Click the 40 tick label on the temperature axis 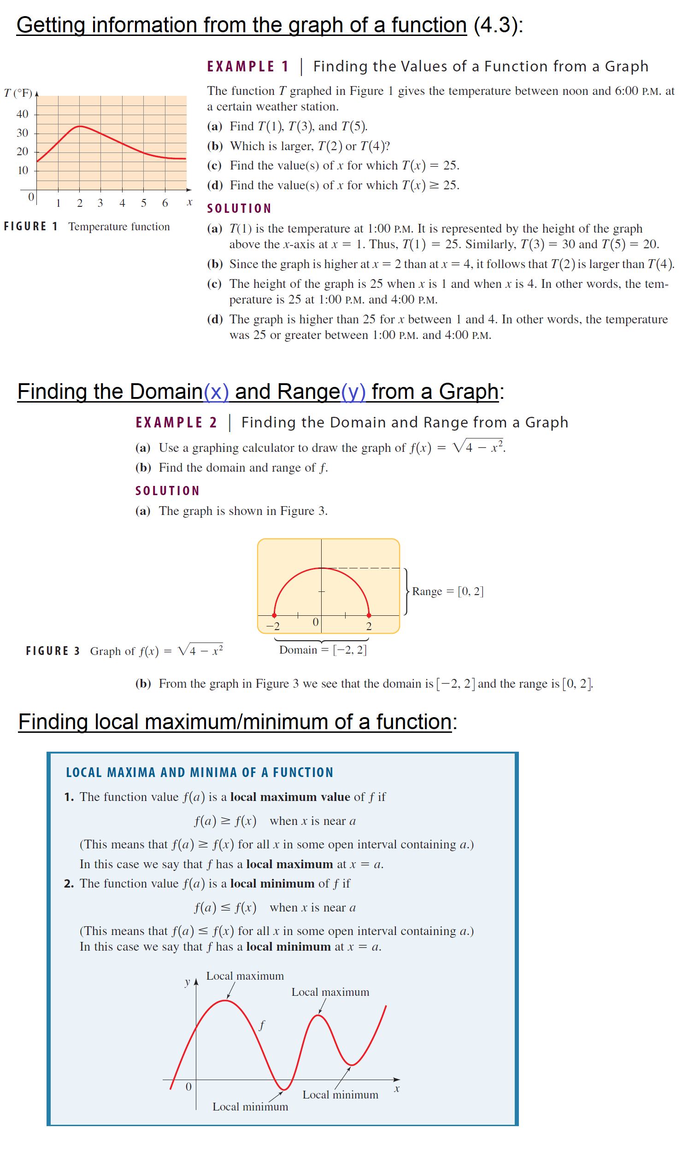pyautogui.click(x=22, y=114)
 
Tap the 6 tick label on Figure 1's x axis pyautogui.click(x=165, y=203)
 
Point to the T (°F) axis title pyautogui.click(x=18, y=93)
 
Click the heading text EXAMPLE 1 pyautogui.click(x=248, y=67)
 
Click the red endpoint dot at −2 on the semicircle pyautogui.click(x=275, y=615)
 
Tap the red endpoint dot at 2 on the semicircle pyautogui.click(x=369, y=615)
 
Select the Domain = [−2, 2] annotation pyautogui.click(x=323, y=650)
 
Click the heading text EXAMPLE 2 pyautogui.click(x=176, y=423)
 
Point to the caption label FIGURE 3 pyautogui.click(x=53, y=651)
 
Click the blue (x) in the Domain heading pyautogui.click(x=216, y=392)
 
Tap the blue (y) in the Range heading pyautogui.click(x=353, y=392)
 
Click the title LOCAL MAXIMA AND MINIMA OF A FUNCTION pyautogui.click(x=199, y=772)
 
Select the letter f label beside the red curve pyautogui.click(x=262, y=1025)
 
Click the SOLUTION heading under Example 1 pyautogui.click(x=239, y=209)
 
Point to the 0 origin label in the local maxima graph pyautogui.click(x=188, y=1087)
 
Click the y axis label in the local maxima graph pyautogui.click(x=187, y=982)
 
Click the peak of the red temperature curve pyautogui.click(x=80, y=126)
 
